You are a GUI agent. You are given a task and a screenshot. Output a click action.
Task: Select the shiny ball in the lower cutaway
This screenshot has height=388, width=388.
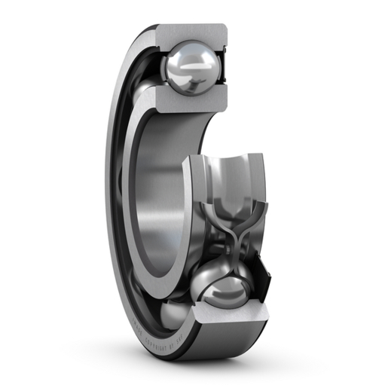tap(226, 290)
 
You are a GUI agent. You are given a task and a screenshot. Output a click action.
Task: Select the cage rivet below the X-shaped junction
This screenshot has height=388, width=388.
tap(227, 252)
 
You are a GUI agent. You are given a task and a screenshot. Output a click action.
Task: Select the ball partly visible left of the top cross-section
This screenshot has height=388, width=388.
tap(143, 94)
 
